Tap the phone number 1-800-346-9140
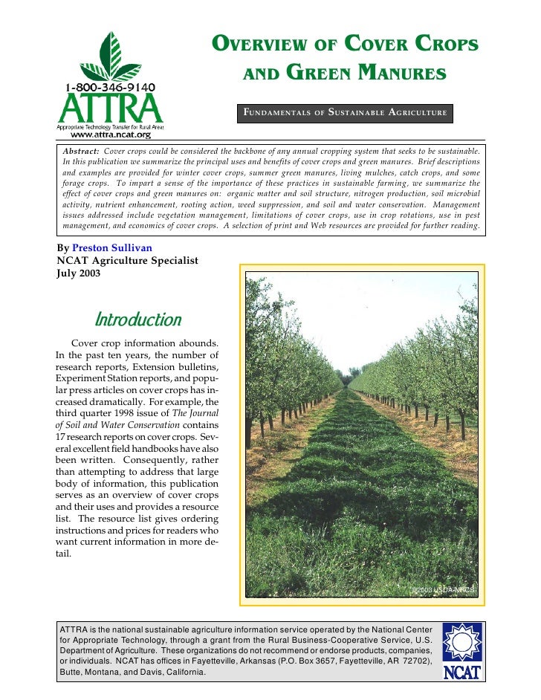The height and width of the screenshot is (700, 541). [110, 88]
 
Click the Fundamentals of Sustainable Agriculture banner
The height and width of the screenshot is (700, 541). [345, 113]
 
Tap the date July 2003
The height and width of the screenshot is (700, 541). [79, 272]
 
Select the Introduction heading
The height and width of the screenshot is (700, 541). [137, 320]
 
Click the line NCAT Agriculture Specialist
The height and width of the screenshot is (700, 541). [127, 259]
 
